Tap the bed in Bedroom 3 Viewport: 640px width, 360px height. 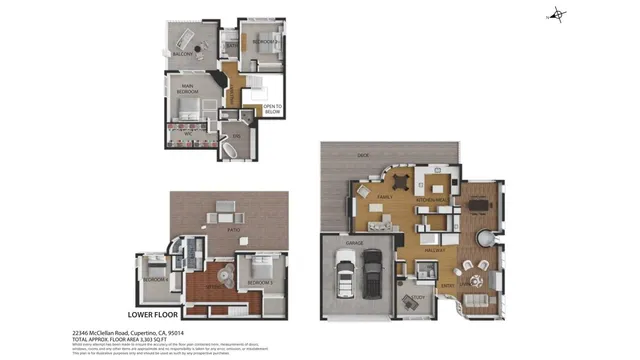coord(260,270)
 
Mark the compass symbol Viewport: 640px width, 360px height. coord(557,15)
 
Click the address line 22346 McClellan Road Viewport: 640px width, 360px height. coord(128,331)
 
